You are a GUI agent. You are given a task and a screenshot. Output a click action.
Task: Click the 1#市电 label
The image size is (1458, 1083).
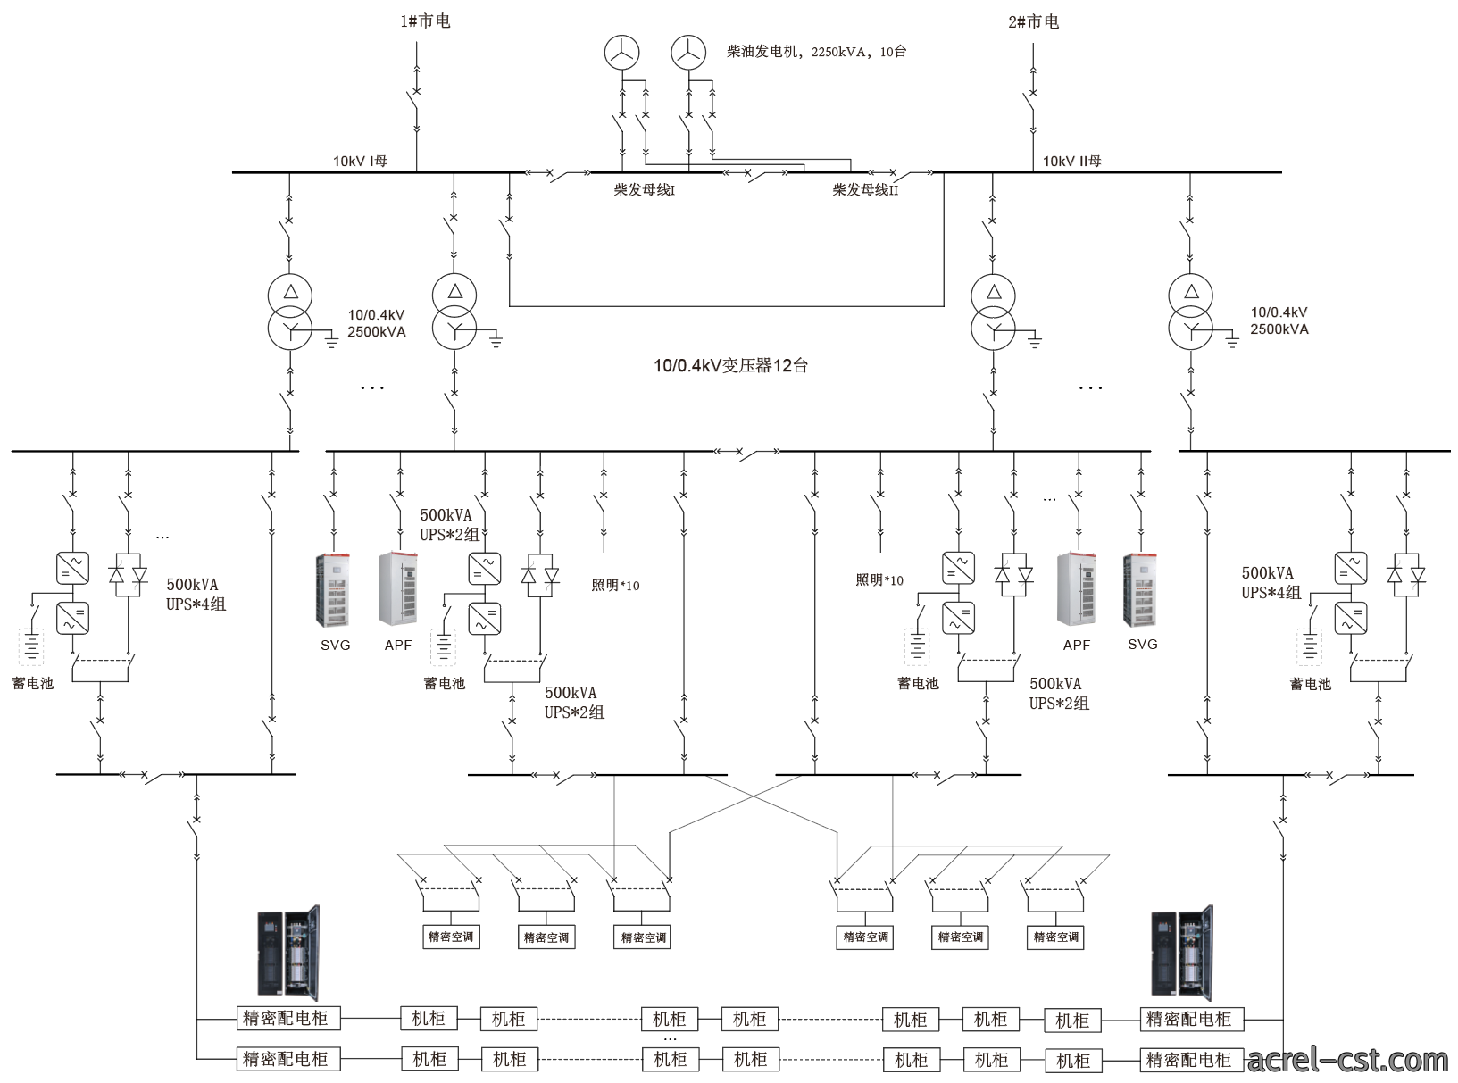click(x=425, y=21)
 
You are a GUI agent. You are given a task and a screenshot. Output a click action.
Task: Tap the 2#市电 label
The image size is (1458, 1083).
click(x=1033, y=22)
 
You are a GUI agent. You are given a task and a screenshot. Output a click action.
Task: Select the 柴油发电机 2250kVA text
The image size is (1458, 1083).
click(x=816, y=52)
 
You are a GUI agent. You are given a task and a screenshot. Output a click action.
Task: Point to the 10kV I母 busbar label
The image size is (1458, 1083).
click(x=360, y=161)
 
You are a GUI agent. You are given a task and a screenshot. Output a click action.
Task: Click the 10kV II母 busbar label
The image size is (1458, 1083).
click(x=1071, y=161)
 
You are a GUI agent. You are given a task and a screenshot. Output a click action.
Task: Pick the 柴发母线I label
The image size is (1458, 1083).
click(x=645, y=190)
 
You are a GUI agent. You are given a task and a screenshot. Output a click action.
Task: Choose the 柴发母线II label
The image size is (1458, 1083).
click(x=865, y=190)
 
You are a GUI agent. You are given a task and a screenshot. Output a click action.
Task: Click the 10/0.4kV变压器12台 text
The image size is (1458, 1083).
click(x=730, y=365)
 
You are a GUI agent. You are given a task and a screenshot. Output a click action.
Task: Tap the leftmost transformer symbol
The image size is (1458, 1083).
click(x=290, y=312)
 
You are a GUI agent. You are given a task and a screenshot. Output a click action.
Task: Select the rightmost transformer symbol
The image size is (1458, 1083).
click(x=1190, y=312)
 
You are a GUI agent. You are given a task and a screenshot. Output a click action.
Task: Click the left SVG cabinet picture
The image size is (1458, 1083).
click(x=333, y=590)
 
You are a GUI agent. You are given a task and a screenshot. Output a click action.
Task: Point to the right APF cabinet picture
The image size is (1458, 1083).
click(x=1077, y=589)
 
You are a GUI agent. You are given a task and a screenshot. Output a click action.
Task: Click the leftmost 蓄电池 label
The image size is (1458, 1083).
click(x=33, y=683)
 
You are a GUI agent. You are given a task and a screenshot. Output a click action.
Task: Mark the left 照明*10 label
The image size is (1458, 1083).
click(x=615, y=585)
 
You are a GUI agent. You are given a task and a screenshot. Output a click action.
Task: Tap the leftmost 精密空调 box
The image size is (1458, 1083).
click(x=451, y=937)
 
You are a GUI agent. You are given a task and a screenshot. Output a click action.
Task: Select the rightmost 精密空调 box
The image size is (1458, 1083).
click(x=1055, y=937)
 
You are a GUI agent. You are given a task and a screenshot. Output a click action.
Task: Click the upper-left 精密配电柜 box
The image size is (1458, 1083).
click(x=288, y=1019)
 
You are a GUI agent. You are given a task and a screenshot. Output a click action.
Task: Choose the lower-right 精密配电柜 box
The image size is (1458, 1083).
click(x=1192, y=1060)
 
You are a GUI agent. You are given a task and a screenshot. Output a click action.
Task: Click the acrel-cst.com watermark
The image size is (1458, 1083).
click(x=1347, y=1059)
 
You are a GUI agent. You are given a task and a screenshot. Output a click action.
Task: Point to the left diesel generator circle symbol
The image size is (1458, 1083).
click(x=621, y=53)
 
